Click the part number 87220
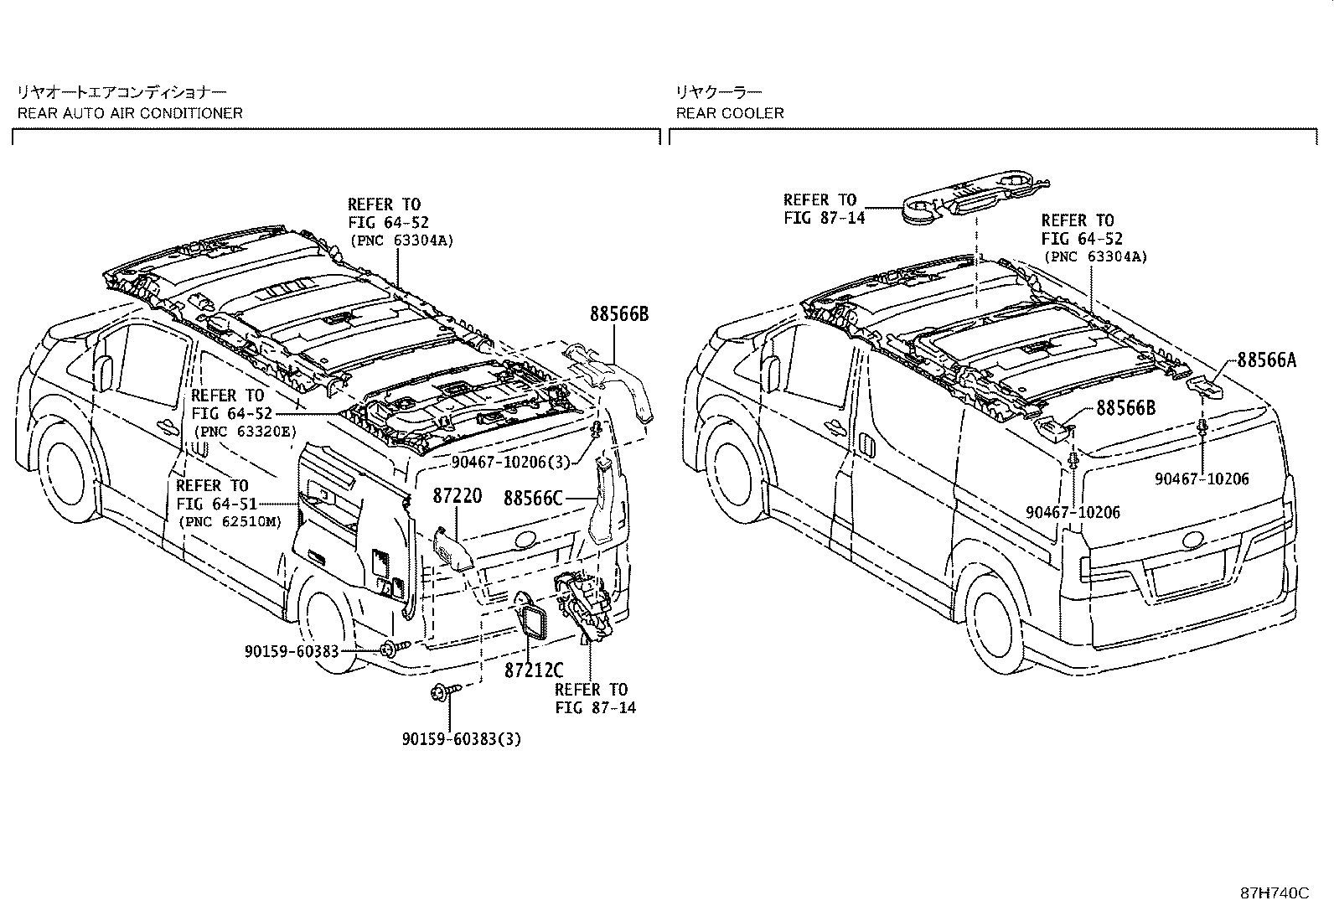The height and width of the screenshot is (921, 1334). [457, 497]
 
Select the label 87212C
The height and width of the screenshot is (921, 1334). [534, 670]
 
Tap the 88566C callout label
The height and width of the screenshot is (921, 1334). [533, 499]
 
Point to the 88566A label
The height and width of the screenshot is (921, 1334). [1266, 360]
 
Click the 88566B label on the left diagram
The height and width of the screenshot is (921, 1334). [619, 314]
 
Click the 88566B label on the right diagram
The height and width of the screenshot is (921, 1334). [1125, 408]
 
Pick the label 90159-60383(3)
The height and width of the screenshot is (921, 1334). [462, 738]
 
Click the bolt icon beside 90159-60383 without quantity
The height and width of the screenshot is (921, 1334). [395, 648]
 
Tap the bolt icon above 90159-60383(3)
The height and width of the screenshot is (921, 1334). [443, 691]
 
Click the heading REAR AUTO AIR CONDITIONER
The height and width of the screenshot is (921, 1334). [130, 112]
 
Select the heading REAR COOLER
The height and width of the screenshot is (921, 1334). [730, 112]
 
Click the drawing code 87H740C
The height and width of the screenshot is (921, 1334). [1274, 893]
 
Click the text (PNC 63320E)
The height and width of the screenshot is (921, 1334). [244, 431]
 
